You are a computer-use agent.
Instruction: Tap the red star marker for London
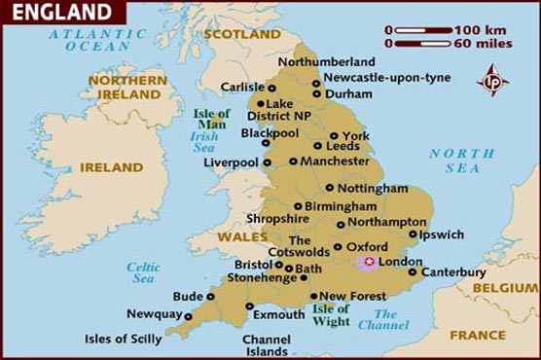(370, 262)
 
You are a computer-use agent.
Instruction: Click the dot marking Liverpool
(268, 162)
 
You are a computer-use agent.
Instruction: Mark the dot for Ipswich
(413, 234)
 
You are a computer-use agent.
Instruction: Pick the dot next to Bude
(210, 296)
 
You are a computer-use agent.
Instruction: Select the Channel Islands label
(266, 345)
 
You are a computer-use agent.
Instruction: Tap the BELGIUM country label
(506, 288)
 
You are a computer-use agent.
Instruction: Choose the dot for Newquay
(189, 315)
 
